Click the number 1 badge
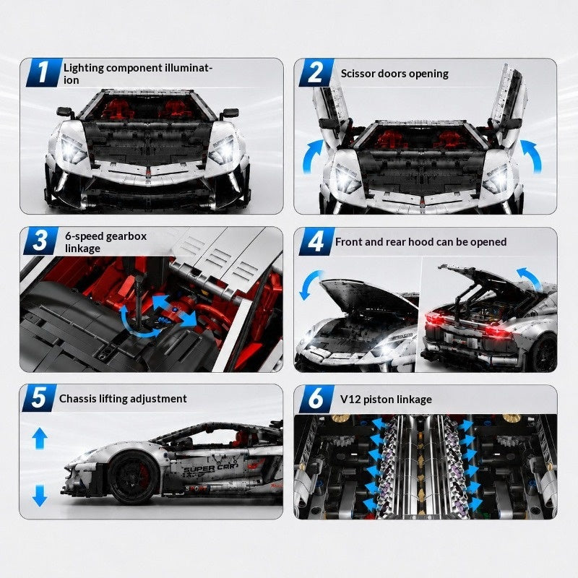click(44, 73)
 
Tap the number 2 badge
click(316, 73)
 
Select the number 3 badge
click(40, 241)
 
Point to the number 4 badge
click(316, 241)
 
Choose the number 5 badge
click(39, 398)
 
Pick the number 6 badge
click(316, 399)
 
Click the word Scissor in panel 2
click(355, 74)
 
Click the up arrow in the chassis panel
click(40, 438)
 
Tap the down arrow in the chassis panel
click(40, 496)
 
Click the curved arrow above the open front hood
click(309, 285)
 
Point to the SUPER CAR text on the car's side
click(209, 468)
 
